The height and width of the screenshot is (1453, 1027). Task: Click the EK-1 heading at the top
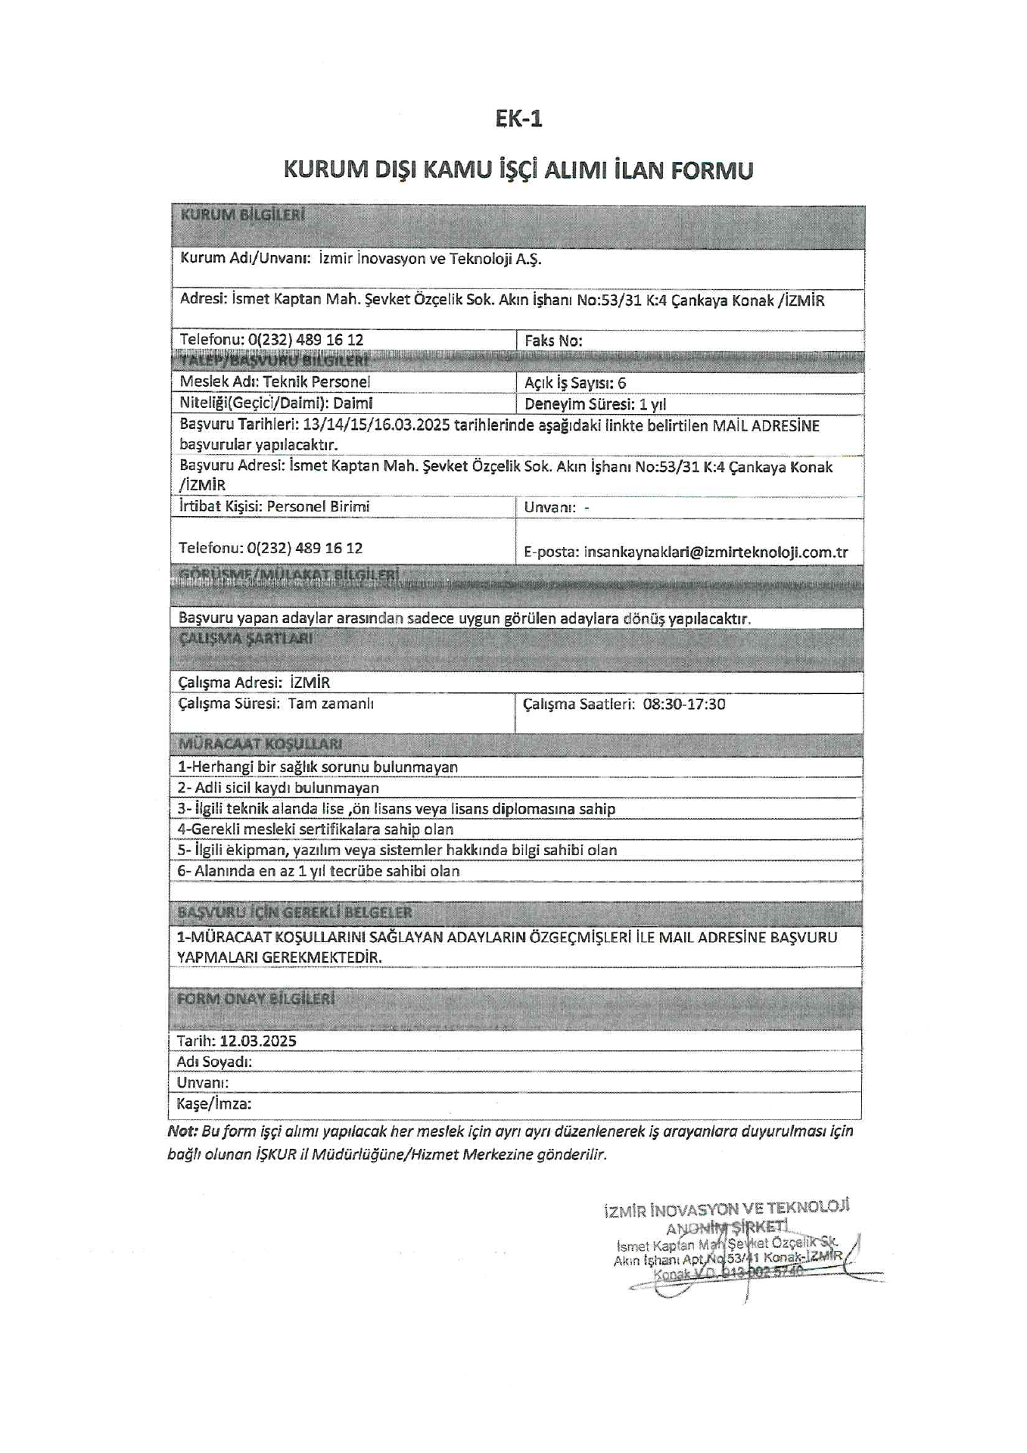click(518, 119)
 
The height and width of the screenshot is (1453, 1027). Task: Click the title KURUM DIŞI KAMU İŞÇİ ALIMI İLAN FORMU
click(518, 170)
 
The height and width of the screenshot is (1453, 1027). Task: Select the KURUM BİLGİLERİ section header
click(242, 216)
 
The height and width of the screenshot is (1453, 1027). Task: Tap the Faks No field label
click(553, 341)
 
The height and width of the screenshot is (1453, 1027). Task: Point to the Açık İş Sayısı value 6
click(621, 383)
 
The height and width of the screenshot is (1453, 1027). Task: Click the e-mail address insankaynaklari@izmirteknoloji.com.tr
click(715, 552)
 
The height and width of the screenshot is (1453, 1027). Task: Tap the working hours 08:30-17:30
click(684, 705)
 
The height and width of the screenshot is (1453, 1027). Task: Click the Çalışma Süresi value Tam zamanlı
click(331, 704)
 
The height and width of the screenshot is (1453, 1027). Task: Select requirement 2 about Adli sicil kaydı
click(278, 788)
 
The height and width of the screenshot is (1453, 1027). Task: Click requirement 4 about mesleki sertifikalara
click(315, 829)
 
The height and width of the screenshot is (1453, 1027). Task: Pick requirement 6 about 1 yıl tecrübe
click(318, 871)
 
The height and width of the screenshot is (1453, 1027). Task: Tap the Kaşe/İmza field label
click(214, 1103)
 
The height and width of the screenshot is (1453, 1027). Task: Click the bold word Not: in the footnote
click(182, 1131)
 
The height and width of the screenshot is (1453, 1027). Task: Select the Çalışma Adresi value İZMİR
click(310, 683)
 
